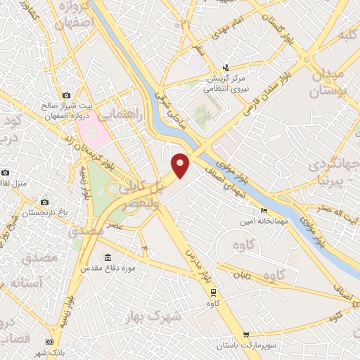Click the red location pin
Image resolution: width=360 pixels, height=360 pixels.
click(x=180, y=165)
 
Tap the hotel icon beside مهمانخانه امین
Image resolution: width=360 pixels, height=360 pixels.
click(x=264, y=210)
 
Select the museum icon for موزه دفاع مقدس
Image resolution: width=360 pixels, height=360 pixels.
click(x=107, y=257)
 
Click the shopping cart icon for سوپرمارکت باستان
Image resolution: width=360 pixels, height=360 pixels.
click(x=245, y=335)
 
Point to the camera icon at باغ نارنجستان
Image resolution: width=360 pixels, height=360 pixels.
click(x=45, y=202)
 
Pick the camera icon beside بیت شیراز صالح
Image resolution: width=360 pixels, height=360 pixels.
click(x=66, y=95)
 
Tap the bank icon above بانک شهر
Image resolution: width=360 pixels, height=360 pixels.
click(x=49, y=342)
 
